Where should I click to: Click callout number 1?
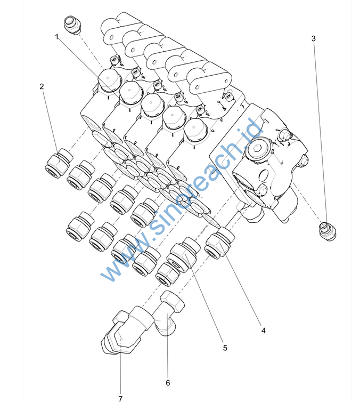pos(56,36)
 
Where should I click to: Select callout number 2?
pos(42,86)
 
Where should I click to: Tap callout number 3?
pos(313,38)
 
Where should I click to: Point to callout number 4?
pos(263,331)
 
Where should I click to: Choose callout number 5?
pos(225,348)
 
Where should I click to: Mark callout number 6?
pos(168,382)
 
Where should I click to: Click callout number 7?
pos(120,398)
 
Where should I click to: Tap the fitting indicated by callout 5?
pos(183,255)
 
